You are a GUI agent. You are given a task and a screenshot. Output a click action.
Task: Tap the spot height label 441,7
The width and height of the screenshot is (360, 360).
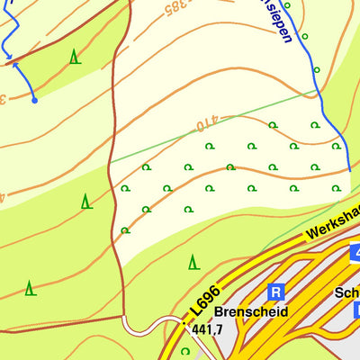click(x=207, y=331)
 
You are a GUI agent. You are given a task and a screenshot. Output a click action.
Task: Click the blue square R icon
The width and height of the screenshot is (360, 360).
click(x=276, y=292)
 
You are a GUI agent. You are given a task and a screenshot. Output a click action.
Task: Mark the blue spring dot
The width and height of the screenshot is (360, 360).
click(x=34, y=100)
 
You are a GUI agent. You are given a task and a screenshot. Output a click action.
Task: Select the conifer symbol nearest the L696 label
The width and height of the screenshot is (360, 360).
click(x=193, y=262)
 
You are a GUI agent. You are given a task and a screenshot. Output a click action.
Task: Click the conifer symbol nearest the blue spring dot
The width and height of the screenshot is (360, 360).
click(x=74, y=57)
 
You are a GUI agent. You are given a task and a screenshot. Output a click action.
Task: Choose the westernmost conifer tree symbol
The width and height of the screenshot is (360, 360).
click(x=30, y=288)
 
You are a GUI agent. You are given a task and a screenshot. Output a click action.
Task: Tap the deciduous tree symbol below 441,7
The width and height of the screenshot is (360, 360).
click(x=185, y=351)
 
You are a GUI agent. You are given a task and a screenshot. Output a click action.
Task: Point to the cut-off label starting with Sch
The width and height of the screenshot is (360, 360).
click(x=346, y=292)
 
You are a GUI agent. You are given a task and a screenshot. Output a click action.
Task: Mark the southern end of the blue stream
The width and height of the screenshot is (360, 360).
click(x=349, y=168)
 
